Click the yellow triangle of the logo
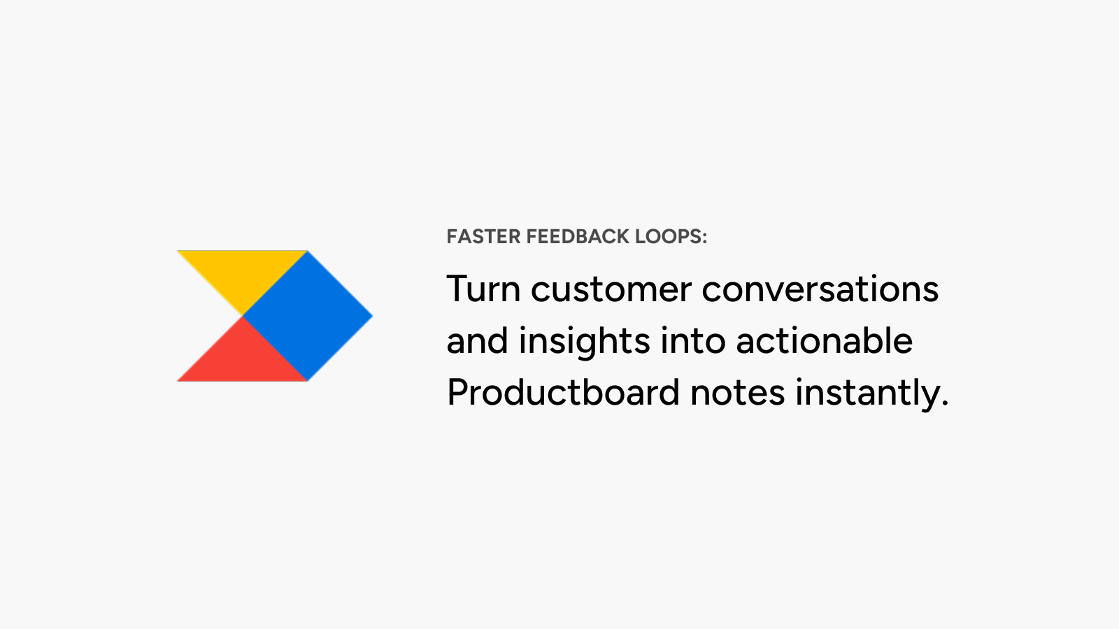coord(242,272)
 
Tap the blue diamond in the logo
coord(308,315)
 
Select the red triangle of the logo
coord(242,359)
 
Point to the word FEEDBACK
coord(578,237)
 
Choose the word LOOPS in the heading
coord(667,237)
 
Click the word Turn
coord(483,289)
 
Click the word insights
coord(585,342)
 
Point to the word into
coord(693,341)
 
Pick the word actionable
coord(825,341)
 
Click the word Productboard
coord(563,392)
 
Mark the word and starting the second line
coord(477,341)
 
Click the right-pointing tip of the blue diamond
coord(373,315)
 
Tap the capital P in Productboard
coord(458,392)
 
